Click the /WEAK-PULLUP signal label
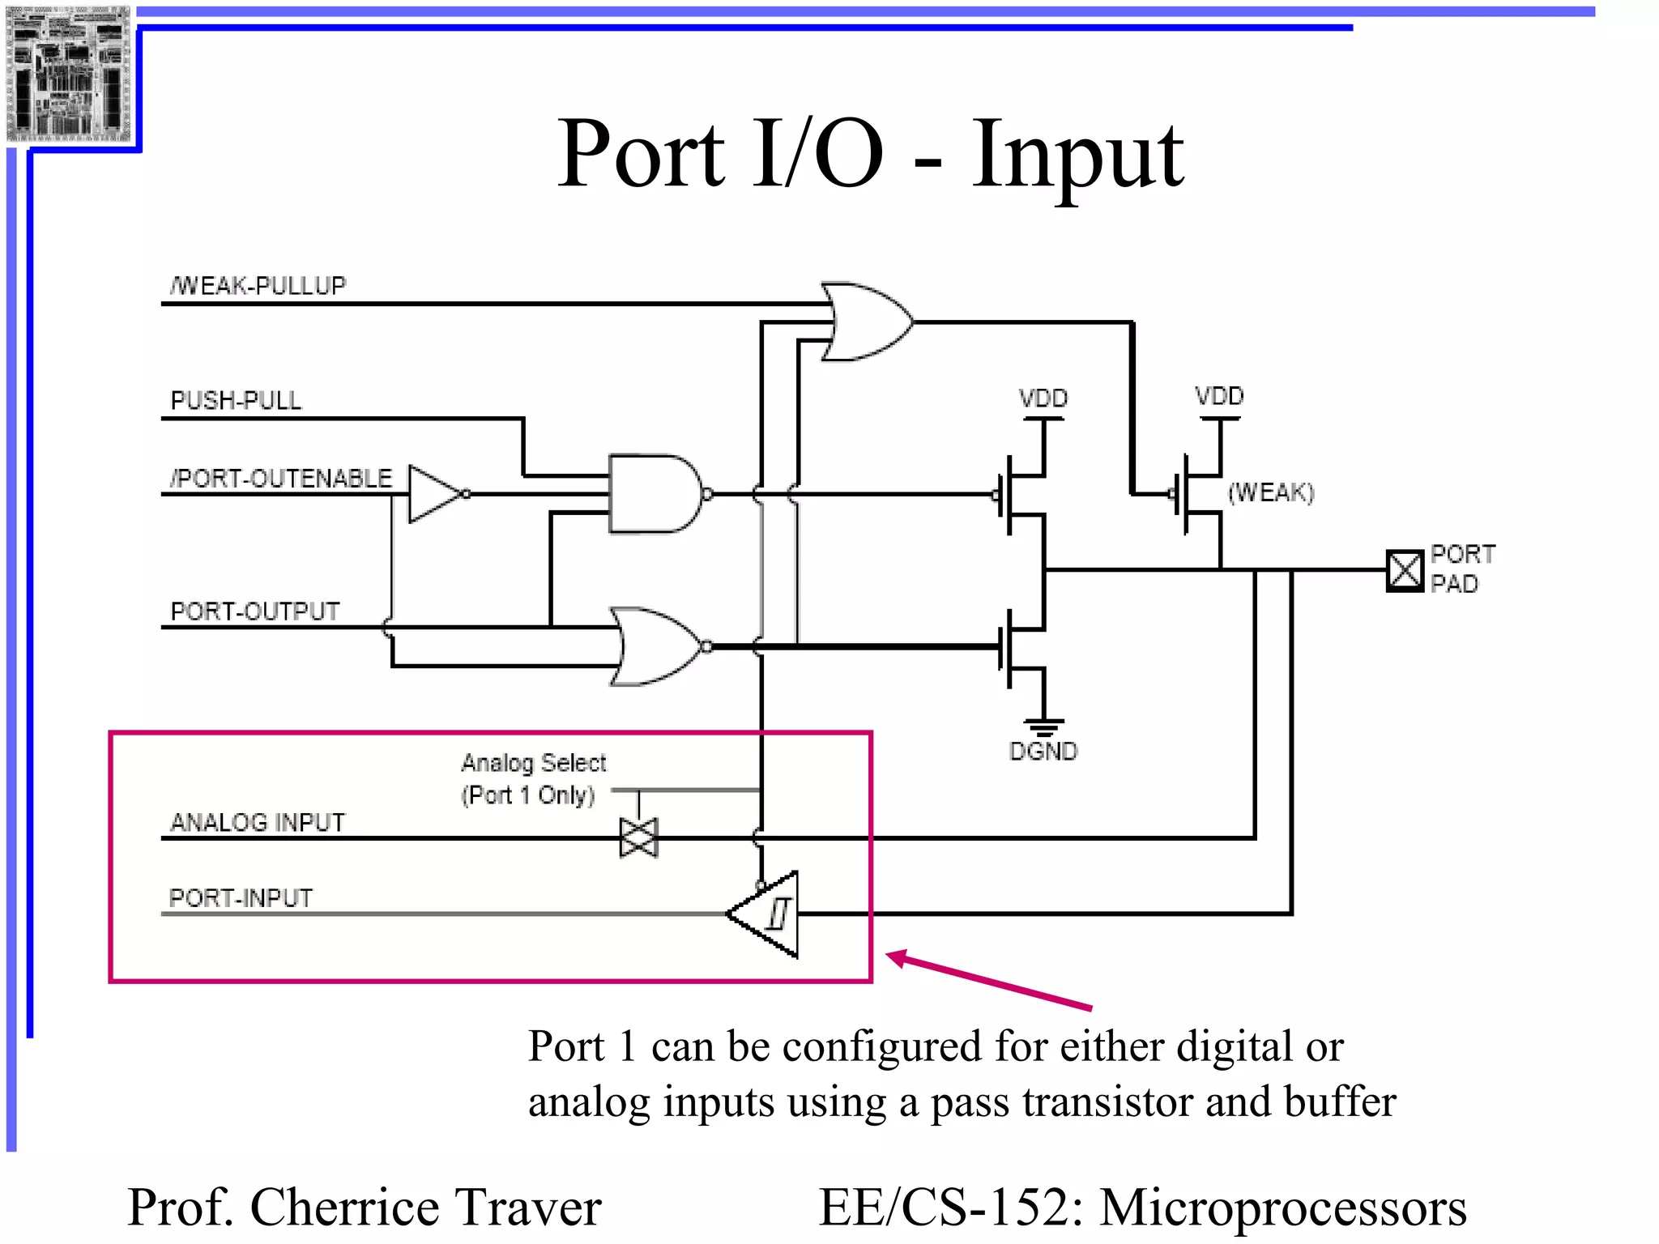point(258,285)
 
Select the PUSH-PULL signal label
point(236,400)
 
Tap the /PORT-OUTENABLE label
point(281,478)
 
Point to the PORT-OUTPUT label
point(255,611)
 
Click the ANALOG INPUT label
point(258,822)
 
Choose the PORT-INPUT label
point(241,897)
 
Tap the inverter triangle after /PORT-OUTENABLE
point(433,493)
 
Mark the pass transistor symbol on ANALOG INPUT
point(638,837)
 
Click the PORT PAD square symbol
point(1404,570)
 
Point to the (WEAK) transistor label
point(1271,492)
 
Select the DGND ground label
point(1043,752)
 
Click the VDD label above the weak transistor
point(1219,396)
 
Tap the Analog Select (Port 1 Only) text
point(533,778)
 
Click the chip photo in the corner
point(68,73)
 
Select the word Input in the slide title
point(1077,154)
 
